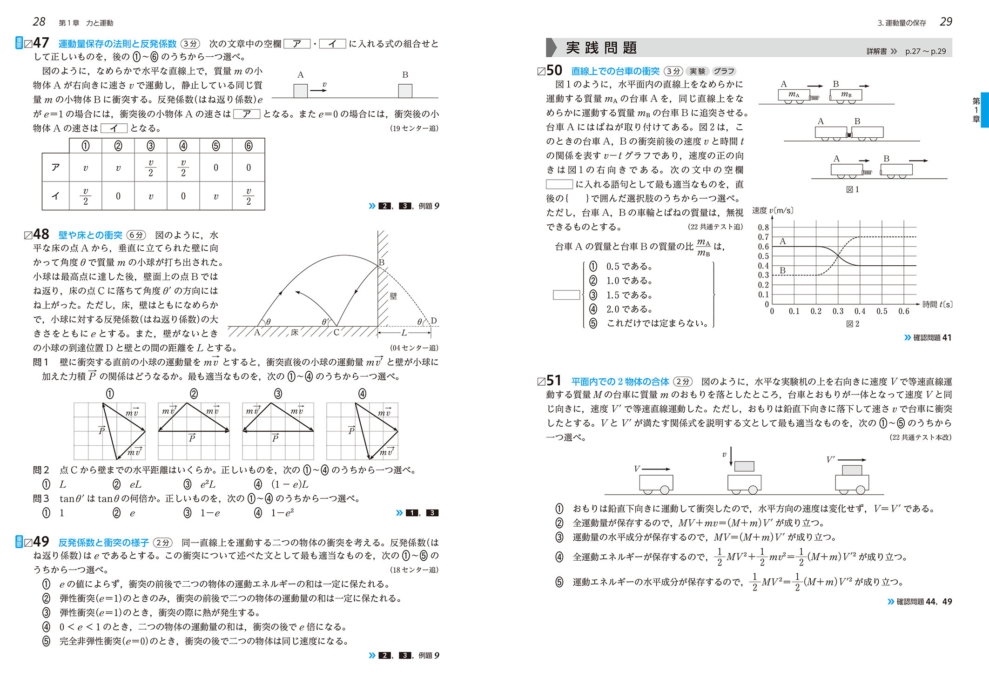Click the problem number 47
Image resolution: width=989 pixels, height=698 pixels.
41,43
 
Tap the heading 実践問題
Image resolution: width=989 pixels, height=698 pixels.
601,48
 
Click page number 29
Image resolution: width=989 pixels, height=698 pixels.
946,22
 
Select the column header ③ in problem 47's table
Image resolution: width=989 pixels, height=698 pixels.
150,146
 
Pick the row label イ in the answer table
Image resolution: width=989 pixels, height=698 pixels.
55,196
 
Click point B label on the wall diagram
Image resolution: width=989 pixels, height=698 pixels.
382,262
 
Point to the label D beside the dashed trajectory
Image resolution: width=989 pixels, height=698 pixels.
434,321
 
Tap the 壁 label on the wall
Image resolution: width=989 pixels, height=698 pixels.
393,296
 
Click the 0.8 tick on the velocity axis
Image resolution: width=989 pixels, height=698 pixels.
763,228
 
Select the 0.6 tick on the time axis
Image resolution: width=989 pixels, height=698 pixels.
903,311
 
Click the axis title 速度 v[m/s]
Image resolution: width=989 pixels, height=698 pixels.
773,211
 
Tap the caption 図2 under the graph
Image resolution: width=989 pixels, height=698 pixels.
852,324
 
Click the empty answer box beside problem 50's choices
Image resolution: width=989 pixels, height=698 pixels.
566,295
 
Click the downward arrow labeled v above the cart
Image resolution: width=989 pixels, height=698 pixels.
731,456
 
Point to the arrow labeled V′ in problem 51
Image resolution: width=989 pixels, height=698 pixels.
851,460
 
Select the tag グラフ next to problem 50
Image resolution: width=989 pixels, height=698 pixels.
724,71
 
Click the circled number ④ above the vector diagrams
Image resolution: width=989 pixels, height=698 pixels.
362,394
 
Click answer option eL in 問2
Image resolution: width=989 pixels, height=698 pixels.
135,484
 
